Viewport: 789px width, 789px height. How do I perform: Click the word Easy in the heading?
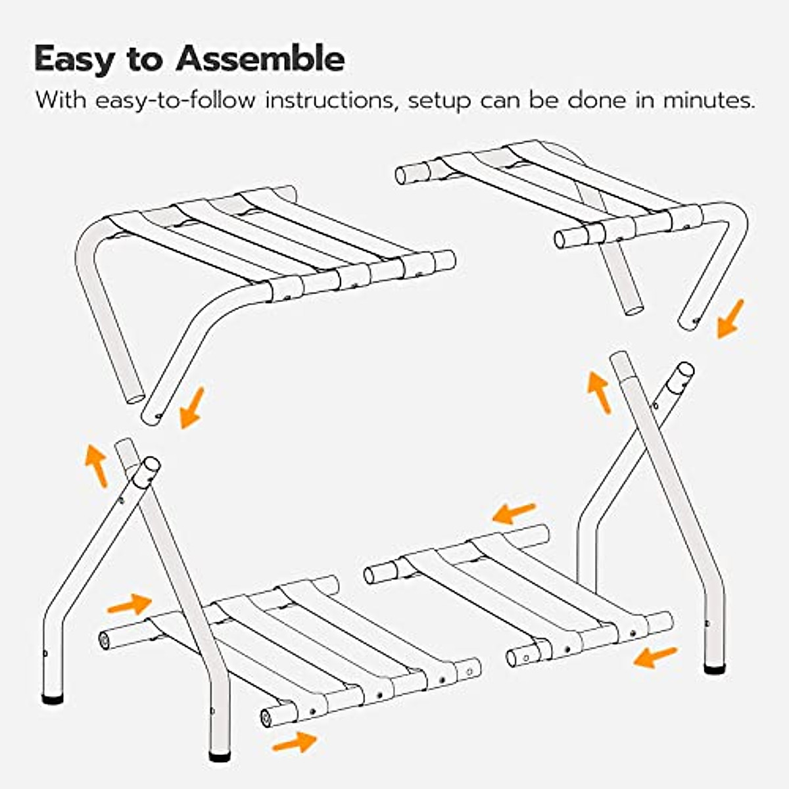[x=73, y=59]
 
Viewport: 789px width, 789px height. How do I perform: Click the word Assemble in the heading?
[x=260, y=59]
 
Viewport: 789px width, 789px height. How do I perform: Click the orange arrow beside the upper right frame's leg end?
[x=730, y=318]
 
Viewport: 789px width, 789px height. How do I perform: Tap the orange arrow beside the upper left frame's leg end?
[x=192, y=408]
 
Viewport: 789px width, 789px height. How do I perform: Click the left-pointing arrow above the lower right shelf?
[x=514, y=513]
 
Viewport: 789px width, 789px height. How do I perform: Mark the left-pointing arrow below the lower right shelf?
[x=655, y=656]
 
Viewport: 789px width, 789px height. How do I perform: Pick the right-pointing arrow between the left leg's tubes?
[x=129, y=604]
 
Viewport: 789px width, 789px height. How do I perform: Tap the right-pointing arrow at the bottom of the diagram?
[x=295, y=742]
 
